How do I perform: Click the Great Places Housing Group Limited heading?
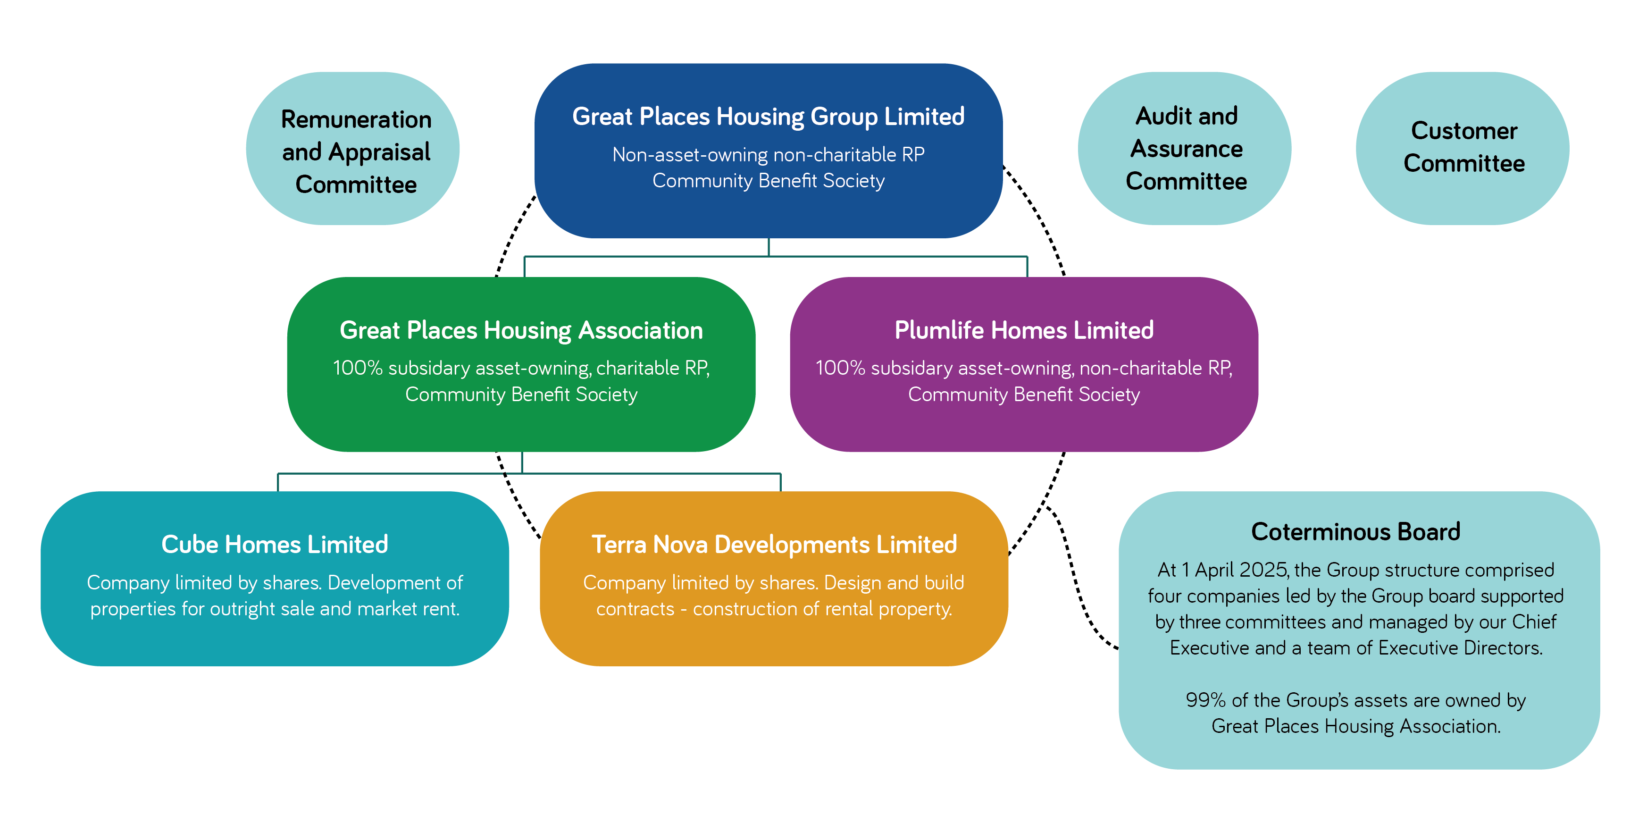pyautogui.click(x=768, y=117)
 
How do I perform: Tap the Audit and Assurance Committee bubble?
pyautogui.click(x=1186, y=148)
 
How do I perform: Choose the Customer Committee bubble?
pyautogui.click(x=1463, y=147)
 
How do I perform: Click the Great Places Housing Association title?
pyautogui.click(x=521, y=330)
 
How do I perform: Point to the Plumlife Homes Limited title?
pyautogui.click(x=1024, y=330)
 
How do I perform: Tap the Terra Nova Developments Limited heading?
pyautogui.click(x=774, y=544)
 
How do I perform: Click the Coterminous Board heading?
pyautogui.click(x=1355, y=531)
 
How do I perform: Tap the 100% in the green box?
pyautogui.click(x=358, y=368)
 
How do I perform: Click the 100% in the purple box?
pyautogui.click(x=840, y=368)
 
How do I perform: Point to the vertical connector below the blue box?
pyautogui.click(x=769, y=247)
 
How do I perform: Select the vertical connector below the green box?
pyautogui.click(x=522, y=462)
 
